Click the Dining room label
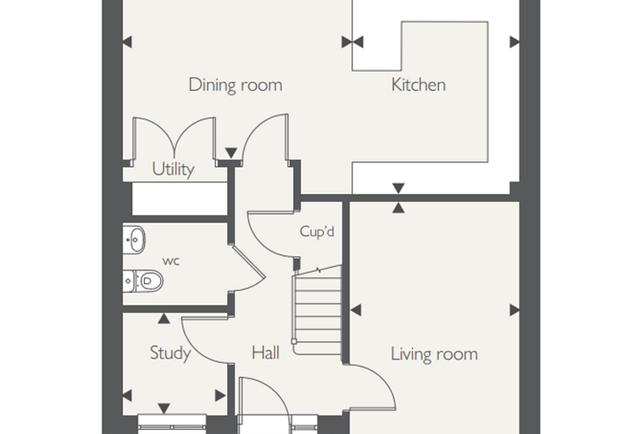pos(236,85)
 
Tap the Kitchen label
pos(418,85)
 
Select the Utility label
pos(173,170)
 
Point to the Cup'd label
pos(317,231)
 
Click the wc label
pos(171,261)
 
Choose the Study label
pos(170,353)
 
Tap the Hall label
pos(265,353)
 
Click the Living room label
pos(434,353)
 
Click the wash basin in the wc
pos(134,239)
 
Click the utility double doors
pos(175,140)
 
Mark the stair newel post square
pos(294,342)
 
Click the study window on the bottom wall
pos(172,424)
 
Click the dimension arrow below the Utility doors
pos(231,153)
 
